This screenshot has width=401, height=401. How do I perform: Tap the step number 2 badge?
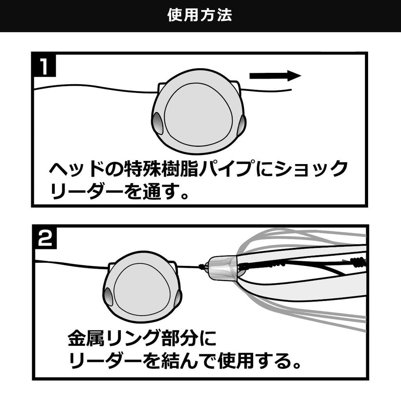(x=45, y=238)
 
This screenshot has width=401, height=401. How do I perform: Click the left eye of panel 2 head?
(x=108, y=297)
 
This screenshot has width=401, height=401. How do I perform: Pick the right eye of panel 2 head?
(x=178, y=298)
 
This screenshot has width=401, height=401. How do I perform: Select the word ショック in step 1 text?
(x=311, y=169)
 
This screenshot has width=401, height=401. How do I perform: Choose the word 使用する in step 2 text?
(x=255, y=362)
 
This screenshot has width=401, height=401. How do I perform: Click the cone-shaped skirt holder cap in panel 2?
(x=222, y=268)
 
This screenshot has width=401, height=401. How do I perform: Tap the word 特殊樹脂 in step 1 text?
(x=164, y=169)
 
